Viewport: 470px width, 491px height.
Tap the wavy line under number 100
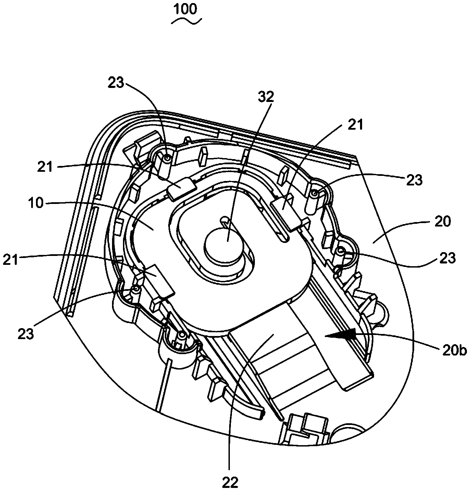(x=186, y=22)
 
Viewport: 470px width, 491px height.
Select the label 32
(x=266, y=96)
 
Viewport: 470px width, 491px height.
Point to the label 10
(x=36, y=203)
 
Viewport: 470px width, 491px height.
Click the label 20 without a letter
(x=443, y=221)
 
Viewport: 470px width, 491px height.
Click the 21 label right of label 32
(x=355, y=125)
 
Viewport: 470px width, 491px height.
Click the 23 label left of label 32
(x=116, y=83)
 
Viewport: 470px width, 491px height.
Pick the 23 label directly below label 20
(x=447, y=258)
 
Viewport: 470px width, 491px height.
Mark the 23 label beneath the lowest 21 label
(x=26, y=334)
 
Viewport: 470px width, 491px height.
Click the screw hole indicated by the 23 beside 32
(x=167, y=158)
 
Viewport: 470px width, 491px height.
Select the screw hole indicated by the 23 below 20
(x=340, y=250)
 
